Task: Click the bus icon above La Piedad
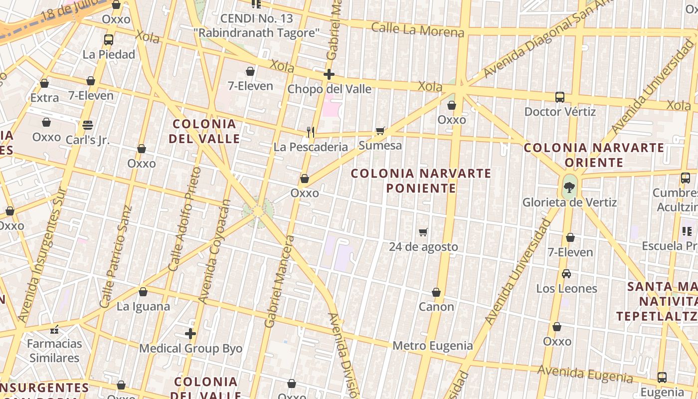tap(108, 40)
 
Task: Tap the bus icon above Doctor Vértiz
tap(560, 97)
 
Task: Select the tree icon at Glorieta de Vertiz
tap(569, 188)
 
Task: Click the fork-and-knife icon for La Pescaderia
tap(311, 132)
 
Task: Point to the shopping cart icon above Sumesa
tap(380, 131)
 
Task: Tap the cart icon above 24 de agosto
tap(423, 232)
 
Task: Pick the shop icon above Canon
tap(436, 292)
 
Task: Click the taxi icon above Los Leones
tap(566, 274)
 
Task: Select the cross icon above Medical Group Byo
tap(190, 334)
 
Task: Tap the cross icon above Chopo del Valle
tap(329, 75)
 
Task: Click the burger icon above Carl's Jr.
tap(88, 125)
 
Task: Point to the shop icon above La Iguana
tap(143, 292)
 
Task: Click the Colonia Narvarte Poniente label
tap(421, 181)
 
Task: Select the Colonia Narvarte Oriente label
tap(594, 155)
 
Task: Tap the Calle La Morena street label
tap(418, 30)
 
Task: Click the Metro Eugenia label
tap(433, 346)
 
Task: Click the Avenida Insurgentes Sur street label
tap(42, 254)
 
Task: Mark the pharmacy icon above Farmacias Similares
tap(54, 330)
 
